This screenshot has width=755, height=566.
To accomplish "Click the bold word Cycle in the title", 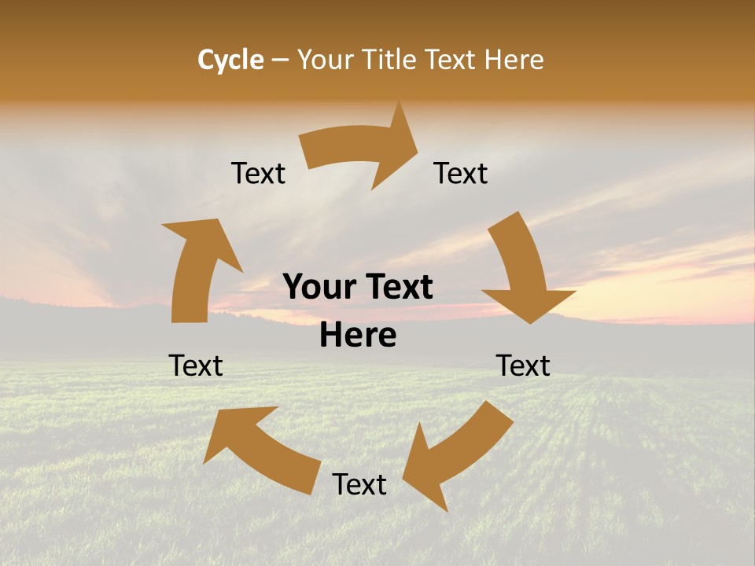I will pyautogui.click(x=230, y=60).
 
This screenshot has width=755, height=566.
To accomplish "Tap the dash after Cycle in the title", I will pyautogui.click(x=280, y=61).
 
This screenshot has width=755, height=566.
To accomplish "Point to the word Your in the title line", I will pyautogui.click(x=326, y=60).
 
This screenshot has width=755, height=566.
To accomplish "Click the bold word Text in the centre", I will pyautogui.click(x=397, y=288).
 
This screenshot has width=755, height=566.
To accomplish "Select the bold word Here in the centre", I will pyautogui.click(x=358, y=336).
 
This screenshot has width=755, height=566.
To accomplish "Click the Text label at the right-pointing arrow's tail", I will pyautogui.click(x=258, y=173).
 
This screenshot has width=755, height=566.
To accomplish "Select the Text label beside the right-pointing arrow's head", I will pyautogui.click(x=461, y=173).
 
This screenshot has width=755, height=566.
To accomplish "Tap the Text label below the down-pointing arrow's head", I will pyautogui.click(x=523, y=366).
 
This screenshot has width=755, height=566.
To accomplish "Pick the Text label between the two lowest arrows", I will pyautogui.click(x=359, y=484).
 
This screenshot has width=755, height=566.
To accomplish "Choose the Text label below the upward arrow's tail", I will pyautogui.click(x=196, y=366).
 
